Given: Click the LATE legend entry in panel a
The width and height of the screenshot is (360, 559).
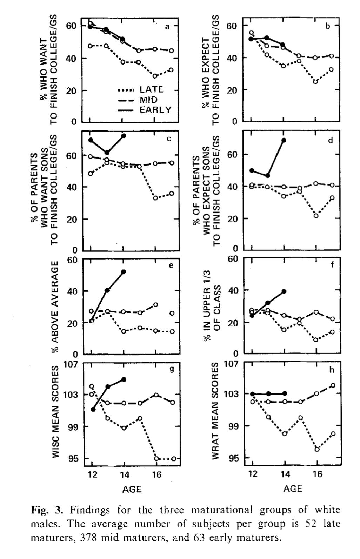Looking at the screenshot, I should pyautogui.click(x=152, y=89).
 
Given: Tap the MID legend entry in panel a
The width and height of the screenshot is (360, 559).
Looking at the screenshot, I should pyautogui.click(x=149, y=100).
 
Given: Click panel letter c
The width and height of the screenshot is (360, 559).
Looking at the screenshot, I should pyautogui.click(x=169, y=139).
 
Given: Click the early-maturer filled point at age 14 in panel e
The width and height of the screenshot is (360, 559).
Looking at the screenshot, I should pyautogui.click(x=124, y=271).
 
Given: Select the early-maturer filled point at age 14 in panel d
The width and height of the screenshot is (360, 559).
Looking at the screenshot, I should pyautogui.click(x=284, y=140).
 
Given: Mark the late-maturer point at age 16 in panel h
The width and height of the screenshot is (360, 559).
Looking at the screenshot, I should pyautogui.click(x=317, y=449).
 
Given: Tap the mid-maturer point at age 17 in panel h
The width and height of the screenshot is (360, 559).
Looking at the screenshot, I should pyautogui.click(x=333, y=385).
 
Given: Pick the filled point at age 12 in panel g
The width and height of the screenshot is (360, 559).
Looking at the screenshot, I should pyautogui.click(x=93, y=409).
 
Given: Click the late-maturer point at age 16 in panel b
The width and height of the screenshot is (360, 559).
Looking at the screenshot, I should pyautogui.click(x=316, y=81).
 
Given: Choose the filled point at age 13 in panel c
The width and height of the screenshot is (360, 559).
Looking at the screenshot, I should pyautogui.click(x=107, y=153).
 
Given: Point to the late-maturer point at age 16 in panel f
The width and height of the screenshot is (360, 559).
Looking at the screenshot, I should pyautogui.click(x=316, y=339).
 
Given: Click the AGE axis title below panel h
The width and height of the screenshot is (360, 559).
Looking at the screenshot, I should pyautogui.click(x=293, y=489).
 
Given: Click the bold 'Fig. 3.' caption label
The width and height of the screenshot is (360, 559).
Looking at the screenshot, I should pyautogui.click(x=46, y=509).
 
